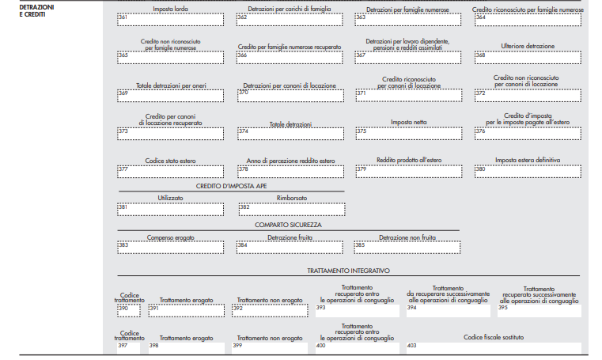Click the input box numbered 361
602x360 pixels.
point(170,20)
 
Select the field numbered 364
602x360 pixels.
point(528,20)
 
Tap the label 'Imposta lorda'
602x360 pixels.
point(170,9)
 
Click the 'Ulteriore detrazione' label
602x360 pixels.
point(528,46)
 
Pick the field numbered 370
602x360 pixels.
point(290,96)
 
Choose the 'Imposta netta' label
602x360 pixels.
point(409,122)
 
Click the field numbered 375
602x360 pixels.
point(409,134)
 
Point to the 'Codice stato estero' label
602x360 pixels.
point(170,161)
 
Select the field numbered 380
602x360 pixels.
point(528,172)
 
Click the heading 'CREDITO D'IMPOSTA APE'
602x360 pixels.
point(232,186)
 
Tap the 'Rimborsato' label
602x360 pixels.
point(292,198)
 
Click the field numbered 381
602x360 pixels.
point(170,210)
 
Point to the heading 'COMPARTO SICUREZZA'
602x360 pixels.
point(288,225)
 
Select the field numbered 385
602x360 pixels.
point(407,248)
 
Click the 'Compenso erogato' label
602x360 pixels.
point(170,237)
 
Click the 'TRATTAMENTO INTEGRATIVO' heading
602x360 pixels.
point(349,271)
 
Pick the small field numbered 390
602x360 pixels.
point(129,310)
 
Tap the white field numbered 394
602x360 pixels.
point(449,311)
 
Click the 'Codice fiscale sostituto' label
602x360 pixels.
point(494,337)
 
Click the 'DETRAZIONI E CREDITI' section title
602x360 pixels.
point(37,11)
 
